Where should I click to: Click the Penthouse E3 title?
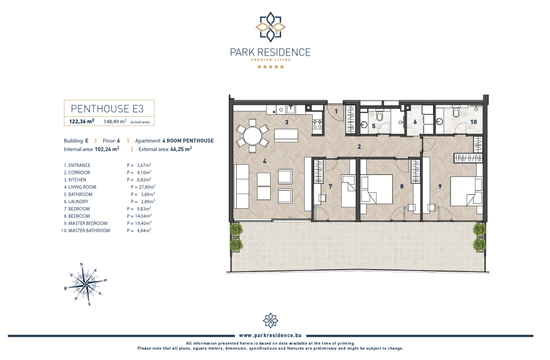(x=107, y=109)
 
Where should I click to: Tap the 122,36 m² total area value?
(x=81, y=121)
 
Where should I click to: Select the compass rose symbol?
(x=85, y=284)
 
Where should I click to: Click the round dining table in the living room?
(x=252, y=136)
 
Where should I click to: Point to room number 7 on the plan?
(x=330, y=186)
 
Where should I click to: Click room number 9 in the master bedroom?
(x=440, y=186)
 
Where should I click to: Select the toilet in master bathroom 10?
(x=456, y=111)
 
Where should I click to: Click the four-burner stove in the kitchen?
(x=317, y=124)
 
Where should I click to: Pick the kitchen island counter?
(x=286, y=135)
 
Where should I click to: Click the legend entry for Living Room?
(x=80, y=187)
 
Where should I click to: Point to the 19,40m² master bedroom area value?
(x=143, y=223)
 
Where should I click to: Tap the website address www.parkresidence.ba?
(x=270, y=336)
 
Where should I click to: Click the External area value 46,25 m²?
(x=181, y=149)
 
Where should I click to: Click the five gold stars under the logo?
(x=270, y=66)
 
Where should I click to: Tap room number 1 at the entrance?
(x=336, y=111)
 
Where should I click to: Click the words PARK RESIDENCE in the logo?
(x=270, y=52)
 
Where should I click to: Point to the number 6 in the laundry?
(x=415, y=122)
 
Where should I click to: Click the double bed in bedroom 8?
(x=377, y=189)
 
